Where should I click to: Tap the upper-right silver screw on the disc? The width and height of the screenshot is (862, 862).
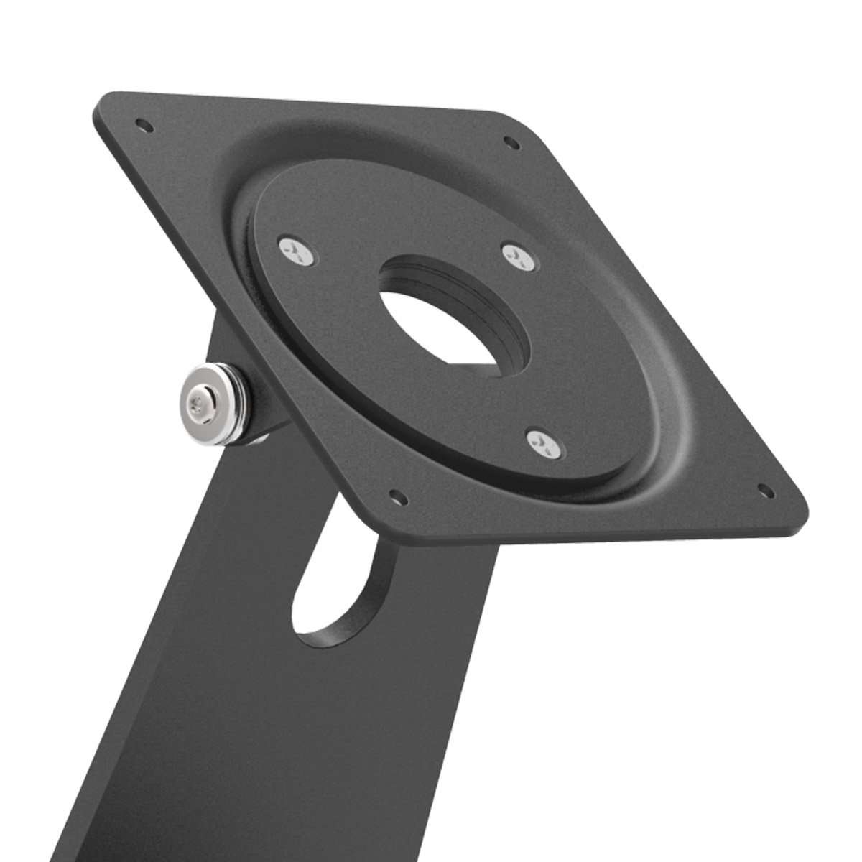tap(519, 256)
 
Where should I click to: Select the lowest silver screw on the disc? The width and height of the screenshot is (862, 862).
tap(545, 444)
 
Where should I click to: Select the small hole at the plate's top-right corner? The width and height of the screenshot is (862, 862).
tap(511, 142)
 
